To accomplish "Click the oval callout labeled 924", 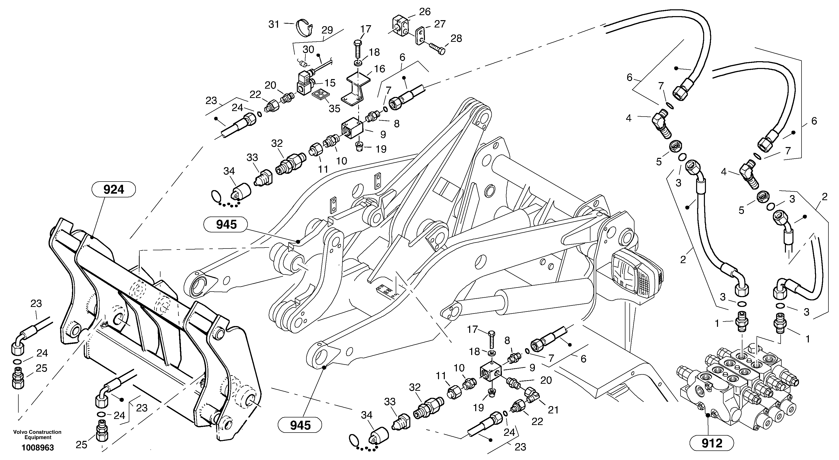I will click(114, 189).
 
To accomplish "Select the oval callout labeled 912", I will click(712, 443).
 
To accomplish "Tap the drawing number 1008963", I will click(38, 448).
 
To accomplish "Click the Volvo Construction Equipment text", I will click(37, 435).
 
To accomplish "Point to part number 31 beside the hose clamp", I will click(274, 24).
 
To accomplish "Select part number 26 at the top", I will click(425, 12).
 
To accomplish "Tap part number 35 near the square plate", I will click(334, 108).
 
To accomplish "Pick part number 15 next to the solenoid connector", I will click(330, 83).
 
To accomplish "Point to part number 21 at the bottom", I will click(553, 410).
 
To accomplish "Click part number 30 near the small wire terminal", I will click(308, 50).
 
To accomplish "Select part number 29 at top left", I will click(327, 30).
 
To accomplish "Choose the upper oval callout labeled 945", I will click(225, 224).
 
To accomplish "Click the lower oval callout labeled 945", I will click(300, 425).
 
